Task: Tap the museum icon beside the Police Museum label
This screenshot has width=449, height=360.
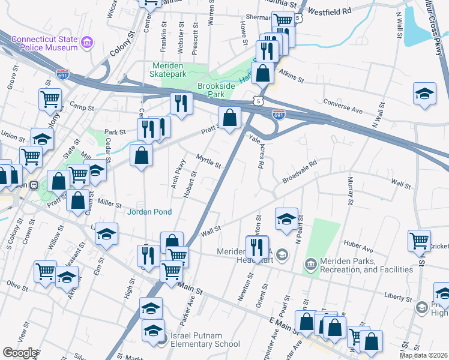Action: [x=87, y=42]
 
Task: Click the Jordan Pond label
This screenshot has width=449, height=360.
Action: [x=149, y=212]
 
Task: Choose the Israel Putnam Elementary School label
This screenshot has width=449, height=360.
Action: [x=205, y=339]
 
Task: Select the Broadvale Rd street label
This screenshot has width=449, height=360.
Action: [x=300, y=172]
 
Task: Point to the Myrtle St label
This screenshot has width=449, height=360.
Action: [x=209, y=161]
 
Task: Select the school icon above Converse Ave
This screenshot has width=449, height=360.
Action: [x=424, y=94]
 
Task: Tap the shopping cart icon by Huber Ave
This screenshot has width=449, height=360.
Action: [x=419, y=241]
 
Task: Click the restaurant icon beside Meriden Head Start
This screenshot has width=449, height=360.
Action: [x=257, y=246]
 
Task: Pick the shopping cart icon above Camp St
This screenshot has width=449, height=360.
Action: [x=50, y=98]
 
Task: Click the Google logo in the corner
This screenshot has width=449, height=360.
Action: [x=20, y=352]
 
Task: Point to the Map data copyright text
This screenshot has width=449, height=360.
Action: [x=423, y=355]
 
